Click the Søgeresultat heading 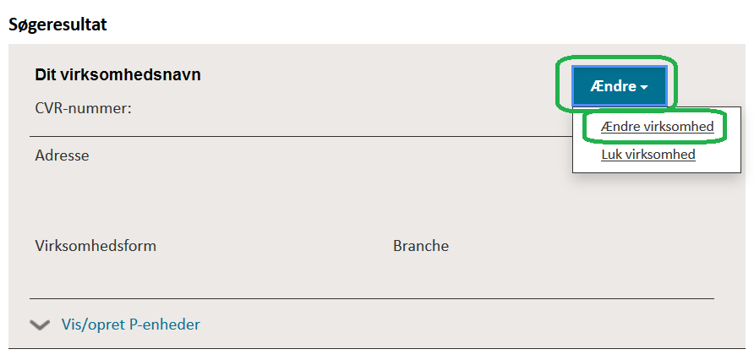(x=57, y=25)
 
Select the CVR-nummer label (x=83, y=109)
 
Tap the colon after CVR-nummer (x=129, y=110)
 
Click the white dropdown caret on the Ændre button (x=644, y=88)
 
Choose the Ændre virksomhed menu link (x=657, y=127)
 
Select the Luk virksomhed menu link (x=648, y=155)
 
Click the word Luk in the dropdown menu (x=609, y=155)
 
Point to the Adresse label (x=62, y=155)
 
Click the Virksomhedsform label (x=96, y=246)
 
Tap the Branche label (x=421, y=246)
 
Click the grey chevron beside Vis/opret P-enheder (x=40, y=325)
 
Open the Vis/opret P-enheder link (x=131, y=325)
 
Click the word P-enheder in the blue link (x=165, y=325)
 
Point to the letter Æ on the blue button (x=598, y=86)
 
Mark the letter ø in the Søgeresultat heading (x=25, y=25)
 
